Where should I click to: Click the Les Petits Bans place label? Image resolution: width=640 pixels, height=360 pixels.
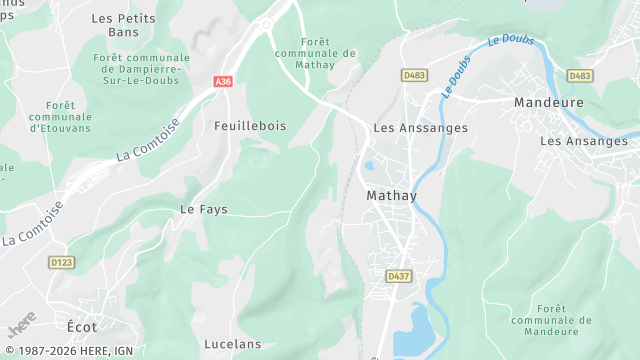click(116, 25)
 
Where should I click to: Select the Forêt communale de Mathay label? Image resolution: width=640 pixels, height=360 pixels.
click(314, 52)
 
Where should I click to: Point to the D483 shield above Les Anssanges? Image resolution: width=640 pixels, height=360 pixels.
click(413, 75)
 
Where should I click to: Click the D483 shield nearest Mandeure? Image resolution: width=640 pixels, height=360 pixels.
click(579, 75)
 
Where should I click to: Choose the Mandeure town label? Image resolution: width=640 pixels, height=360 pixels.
click(547, 102)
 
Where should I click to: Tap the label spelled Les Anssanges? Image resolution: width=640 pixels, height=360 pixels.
click(420, 128)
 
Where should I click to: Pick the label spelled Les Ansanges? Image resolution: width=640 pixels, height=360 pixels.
click(584, 141)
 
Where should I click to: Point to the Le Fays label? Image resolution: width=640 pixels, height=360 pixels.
click(204, 209)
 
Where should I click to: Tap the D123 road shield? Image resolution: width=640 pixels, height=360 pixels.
click(62, 262)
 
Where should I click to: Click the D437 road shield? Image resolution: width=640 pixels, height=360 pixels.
click(398, 276)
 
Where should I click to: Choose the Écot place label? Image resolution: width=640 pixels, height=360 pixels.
click(82, 327)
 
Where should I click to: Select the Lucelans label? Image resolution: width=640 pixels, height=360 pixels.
click(232, 344)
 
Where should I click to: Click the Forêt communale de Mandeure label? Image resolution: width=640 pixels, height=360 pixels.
click(544, 320)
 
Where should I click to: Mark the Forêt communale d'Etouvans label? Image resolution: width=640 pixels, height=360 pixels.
click(60, 116)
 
